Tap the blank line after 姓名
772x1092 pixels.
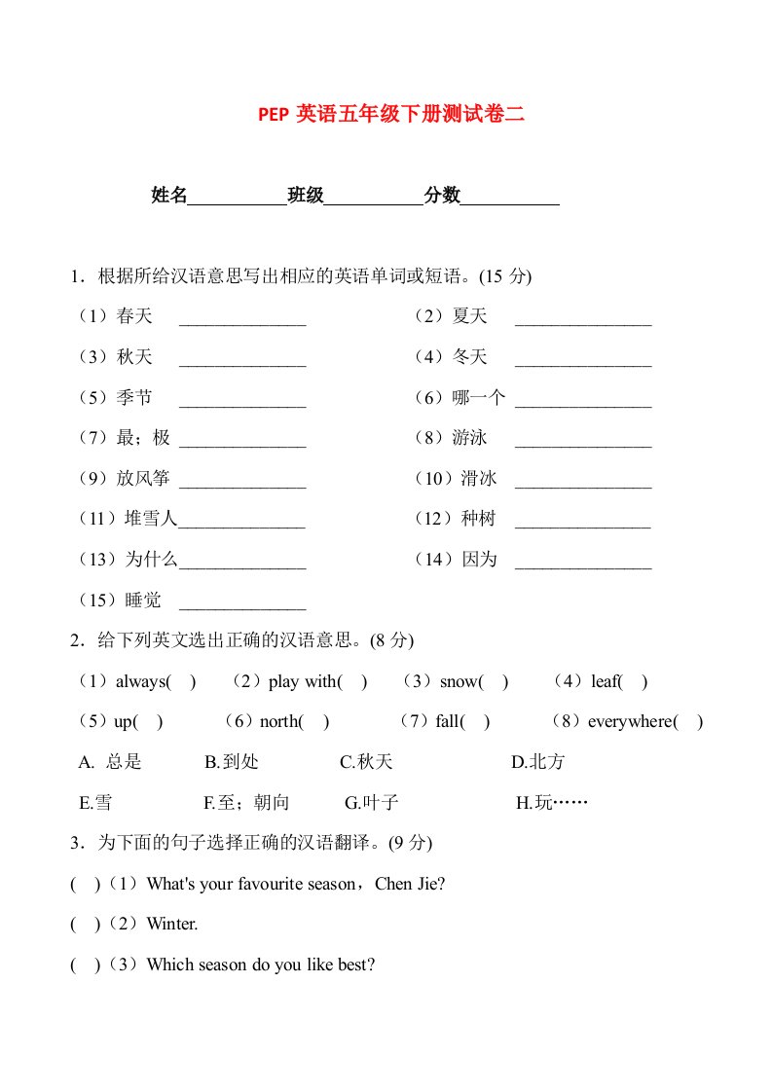(x=237, y=198)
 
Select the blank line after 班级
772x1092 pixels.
(x=373, y=198)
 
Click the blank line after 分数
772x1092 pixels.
(x=509, y=198)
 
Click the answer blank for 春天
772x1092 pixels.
(x=242, y=319)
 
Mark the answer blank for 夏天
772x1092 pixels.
(x=582, y=319)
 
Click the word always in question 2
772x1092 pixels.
(x=140, y=681)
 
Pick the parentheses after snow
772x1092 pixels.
(x=495, y=681)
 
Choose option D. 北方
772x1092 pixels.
(x=538, y=762)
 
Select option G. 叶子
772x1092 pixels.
(x=372, y=803)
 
